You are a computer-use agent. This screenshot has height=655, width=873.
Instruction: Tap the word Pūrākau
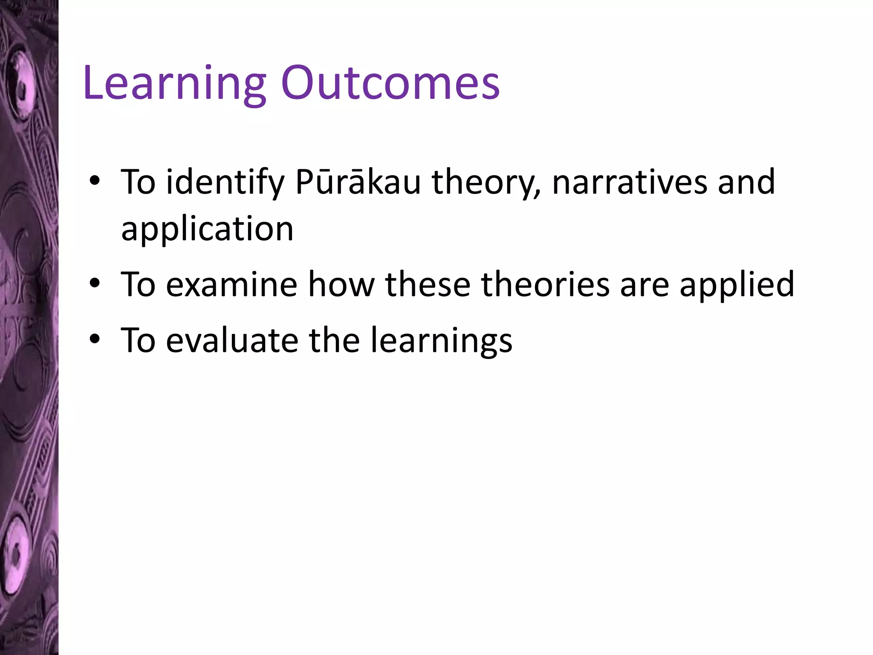pos(358,183)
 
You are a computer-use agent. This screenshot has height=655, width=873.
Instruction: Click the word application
pos(207,229)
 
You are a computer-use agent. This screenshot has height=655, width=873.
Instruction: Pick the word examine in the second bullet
pos(231,285)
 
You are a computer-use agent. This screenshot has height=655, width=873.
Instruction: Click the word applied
pos(737,285)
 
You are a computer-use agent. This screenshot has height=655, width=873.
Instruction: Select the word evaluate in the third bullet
pos(232,340)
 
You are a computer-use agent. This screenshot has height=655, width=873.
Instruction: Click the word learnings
pos(441,340)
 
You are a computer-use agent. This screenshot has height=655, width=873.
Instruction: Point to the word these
pos(428,285)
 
